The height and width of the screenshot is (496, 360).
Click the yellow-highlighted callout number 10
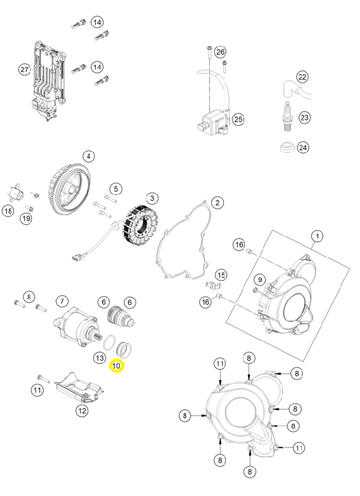[117, 366]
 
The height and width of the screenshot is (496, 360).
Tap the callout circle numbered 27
[25, 69]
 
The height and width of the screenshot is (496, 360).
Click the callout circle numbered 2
[217, 203]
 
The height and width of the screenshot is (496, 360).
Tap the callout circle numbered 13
[99, 358]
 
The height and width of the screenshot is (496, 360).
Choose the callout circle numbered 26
[221, 52]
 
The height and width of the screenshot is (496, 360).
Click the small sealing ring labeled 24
[288, 147]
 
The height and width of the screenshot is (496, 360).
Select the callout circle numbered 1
[317, 236]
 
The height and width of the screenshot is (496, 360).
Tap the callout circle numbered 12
[82, 411]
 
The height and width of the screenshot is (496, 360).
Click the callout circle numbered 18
[8, 210]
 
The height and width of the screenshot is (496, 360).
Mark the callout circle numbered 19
[26, 218]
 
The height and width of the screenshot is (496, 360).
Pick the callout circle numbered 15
[221, 275]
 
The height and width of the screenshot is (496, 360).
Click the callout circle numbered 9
[260, 280]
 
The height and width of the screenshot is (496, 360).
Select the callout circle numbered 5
[116, 189]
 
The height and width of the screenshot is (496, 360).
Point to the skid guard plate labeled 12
[79, 388]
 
